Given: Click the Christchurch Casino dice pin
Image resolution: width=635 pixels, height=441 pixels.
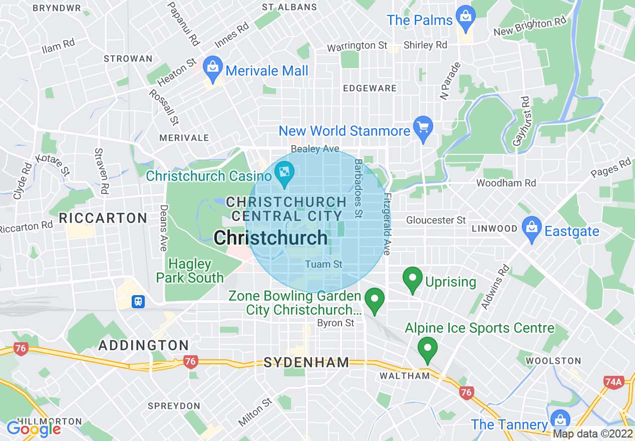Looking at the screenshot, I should [x=284, y=173].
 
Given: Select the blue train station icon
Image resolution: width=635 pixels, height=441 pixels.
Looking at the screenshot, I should [x=138, y=301].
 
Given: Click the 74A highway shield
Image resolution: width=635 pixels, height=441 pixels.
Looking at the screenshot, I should [x=613, y=382].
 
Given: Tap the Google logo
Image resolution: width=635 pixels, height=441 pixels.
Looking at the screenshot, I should [x=33, y=429].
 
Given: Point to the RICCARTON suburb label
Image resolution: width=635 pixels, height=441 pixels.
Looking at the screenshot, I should [x=103, y=218].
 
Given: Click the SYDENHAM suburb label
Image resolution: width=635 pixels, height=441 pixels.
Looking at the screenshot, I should [x=306, y=362].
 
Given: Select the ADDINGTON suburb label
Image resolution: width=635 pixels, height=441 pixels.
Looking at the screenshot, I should [x=144, y=345].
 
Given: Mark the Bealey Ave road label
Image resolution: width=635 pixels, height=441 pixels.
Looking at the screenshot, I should [x=315, y=149].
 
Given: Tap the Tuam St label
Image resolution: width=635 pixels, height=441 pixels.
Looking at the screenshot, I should [x=324, y=264].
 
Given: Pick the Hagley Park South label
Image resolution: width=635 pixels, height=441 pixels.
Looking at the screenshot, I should [x=190, y=271].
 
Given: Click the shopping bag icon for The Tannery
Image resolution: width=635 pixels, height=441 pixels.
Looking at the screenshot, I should [x=560, y=420].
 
